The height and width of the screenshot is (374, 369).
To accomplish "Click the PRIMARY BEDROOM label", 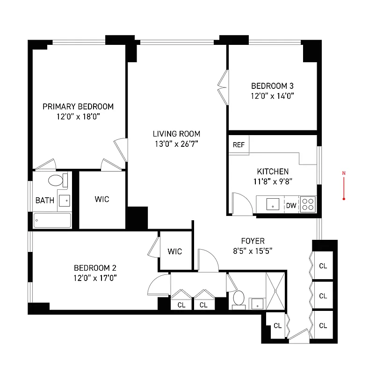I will [78, 107].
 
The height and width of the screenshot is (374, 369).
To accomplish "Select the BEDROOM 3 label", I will [272, 86].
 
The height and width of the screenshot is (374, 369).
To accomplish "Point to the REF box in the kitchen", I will [239, 145].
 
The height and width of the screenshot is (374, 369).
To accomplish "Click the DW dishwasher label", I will [291, 205].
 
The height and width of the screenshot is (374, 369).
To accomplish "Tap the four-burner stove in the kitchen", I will [308, 204].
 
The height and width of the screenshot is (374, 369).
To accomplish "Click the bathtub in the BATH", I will [52, 220].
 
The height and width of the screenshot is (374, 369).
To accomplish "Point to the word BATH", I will [45, 201].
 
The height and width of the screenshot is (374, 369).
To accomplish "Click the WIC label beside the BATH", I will [101, 200].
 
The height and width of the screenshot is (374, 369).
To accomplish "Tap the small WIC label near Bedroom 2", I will [175, 252].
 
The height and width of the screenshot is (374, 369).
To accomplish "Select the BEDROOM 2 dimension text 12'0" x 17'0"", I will [95, 278].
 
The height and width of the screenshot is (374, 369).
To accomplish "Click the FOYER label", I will [253, 241].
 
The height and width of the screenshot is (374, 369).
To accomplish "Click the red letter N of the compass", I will [344, 174].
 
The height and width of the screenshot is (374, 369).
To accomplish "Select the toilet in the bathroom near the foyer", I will [239, 299].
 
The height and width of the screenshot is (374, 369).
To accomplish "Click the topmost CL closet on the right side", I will [323, 266].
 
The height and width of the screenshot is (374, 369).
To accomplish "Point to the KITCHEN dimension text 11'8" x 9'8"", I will [273, 181].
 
